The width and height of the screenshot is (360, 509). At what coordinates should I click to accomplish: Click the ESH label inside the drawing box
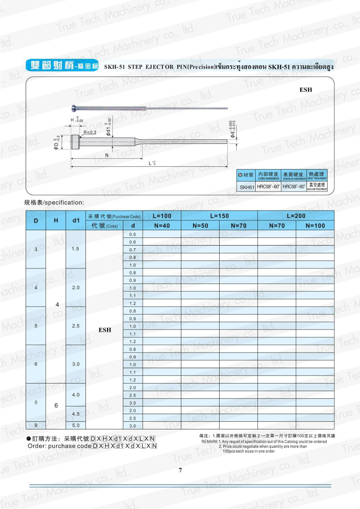click(306, 90)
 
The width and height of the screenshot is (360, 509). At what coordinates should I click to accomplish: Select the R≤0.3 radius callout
click(90, 132)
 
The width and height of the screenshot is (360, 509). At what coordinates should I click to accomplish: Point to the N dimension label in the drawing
click(107, 155)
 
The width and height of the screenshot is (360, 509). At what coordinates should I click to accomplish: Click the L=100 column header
click(162, 216)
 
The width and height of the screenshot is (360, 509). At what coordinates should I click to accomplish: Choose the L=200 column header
click(296, 216)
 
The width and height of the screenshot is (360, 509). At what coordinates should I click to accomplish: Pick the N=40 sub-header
click(162, 225)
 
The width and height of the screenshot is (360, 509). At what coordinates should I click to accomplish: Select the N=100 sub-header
click(315, 225)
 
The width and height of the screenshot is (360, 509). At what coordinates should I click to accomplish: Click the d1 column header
click(76, 220)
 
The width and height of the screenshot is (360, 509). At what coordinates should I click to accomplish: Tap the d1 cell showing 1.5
click(76, 249)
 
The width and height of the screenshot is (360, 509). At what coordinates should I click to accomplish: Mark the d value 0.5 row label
click(132, 235)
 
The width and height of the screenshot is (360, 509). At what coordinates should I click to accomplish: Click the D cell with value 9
click(36, 425)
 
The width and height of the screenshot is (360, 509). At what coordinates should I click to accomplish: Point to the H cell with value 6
click(56, 406)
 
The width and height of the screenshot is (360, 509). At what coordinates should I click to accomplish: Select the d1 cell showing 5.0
click(76, 425)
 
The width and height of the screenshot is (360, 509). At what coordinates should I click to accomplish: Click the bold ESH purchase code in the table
click(104, 330)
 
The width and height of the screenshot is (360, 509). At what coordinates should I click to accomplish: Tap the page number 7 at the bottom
click(180, 470)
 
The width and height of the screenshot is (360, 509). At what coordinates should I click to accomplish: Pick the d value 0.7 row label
click(132, 250)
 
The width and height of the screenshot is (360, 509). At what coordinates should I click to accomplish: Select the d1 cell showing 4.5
click(76, 414)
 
